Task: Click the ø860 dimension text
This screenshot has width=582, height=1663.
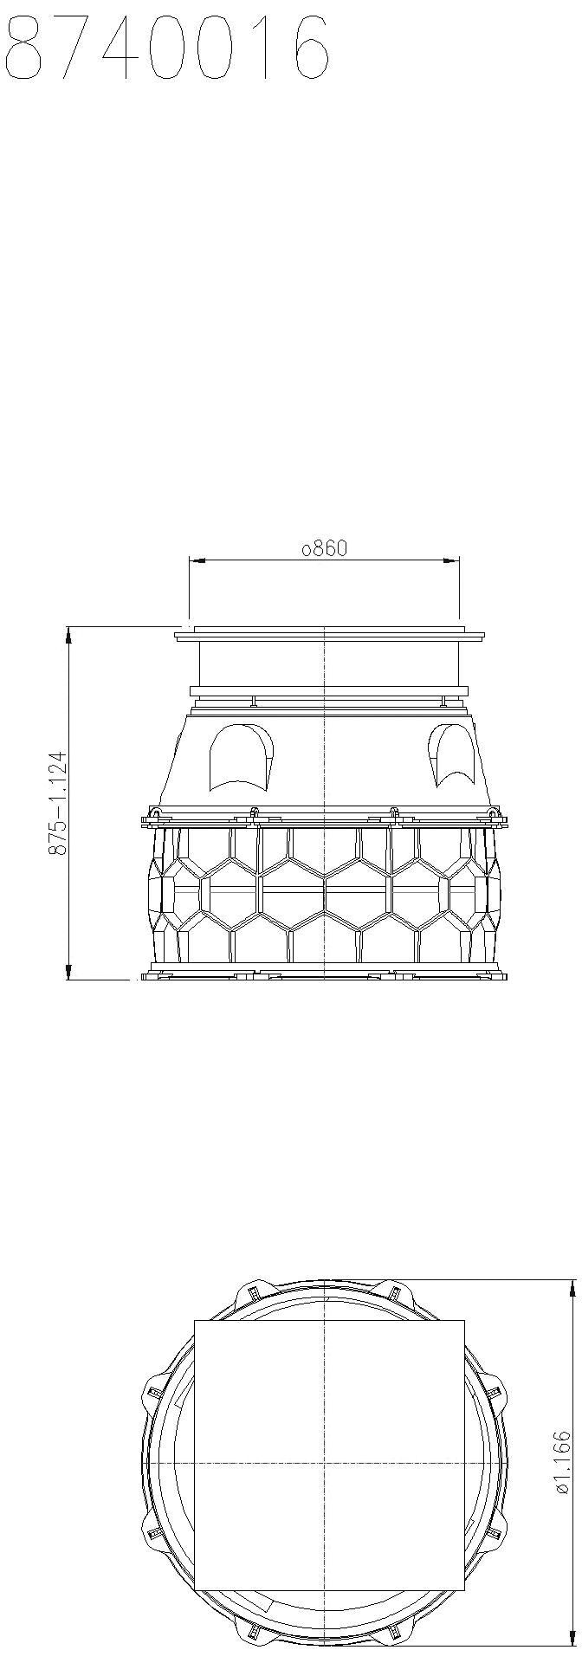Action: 324,548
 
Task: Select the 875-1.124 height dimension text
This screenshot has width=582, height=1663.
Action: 58,802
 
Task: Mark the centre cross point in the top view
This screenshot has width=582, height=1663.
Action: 324,1463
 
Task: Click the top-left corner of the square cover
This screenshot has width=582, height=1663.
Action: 196,1321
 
